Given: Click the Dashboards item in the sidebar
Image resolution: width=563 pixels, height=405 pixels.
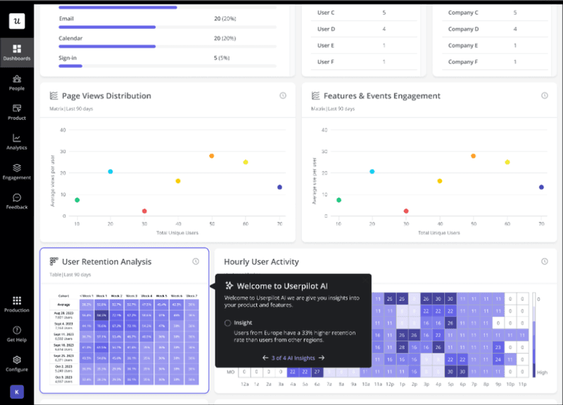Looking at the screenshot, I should pyautogui.click(x=16, y=51).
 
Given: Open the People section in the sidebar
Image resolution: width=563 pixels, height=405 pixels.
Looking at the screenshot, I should pyautogui.click(x=16, y=82).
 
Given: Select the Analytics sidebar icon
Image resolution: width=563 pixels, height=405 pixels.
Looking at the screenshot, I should pyautogui.click(x=16, y=141).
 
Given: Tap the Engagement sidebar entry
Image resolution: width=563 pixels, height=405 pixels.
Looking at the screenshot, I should pyautogui.click(x=16, y=171).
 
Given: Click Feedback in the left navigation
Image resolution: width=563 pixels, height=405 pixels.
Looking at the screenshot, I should pyautogui.click(x=16, y=201).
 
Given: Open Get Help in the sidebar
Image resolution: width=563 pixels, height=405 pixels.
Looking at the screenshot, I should pyautogui.click(x=16, y=333).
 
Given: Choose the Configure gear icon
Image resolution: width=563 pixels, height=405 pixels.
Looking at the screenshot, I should pyautogui.click(x=16, y=363).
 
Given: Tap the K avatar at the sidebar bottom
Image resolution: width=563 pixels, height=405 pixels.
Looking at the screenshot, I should pyautogui.click(x=16, y=391).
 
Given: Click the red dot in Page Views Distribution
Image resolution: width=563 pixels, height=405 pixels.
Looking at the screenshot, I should pyautogui.click(x=144, y=211).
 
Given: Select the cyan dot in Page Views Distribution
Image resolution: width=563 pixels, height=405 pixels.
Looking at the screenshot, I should pyautogui.click(x=110, y=171).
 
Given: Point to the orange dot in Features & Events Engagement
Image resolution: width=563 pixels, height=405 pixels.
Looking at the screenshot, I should pyautogui.click(x=473, y=156).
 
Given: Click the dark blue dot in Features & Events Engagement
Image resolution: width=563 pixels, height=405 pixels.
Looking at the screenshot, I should pyautogui.click(x=541, y=187).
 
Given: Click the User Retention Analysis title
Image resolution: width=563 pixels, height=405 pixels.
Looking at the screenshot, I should pyautogui.click(x=106, y=262).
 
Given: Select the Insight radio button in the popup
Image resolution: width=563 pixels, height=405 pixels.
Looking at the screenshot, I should pyautogui.click(x=227, y=323).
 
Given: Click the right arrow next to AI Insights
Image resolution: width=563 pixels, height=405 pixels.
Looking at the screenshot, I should pyautogui.click(x=322, y=358).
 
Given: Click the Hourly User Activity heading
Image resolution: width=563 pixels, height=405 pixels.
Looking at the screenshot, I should pyautogui.click(x=261, y=262).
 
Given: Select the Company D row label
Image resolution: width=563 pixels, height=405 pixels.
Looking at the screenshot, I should pyautogui.click(x=463, y=29).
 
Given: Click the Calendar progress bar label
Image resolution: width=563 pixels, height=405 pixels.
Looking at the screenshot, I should pyautogui.click(x=71, y=38).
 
